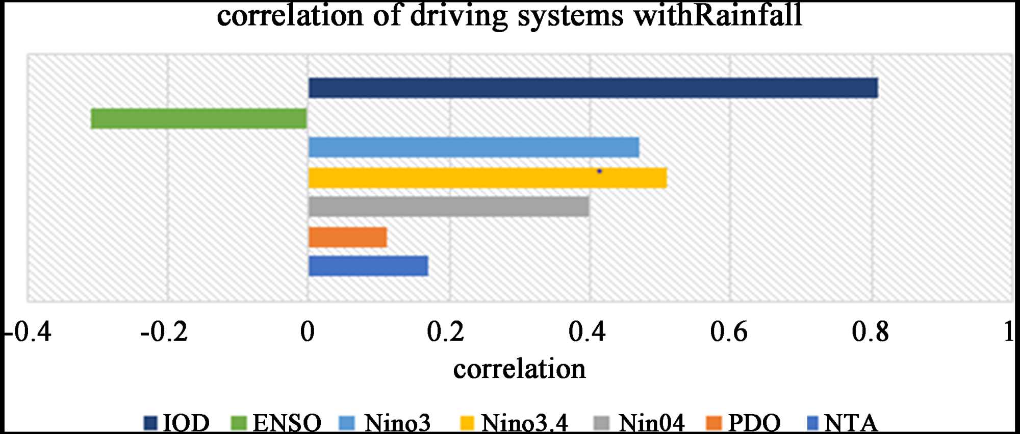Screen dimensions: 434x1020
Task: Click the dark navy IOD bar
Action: point(593,88)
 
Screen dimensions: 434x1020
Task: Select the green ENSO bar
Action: point(199,118)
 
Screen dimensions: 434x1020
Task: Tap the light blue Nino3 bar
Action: point(473,147)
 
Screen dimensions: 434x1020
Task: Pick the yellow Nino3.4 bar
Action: point(487,178)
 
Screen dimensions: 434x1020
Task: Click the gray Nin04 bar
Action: point(449,207)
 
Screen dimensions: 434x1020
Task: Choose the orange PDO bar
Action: point(348,237)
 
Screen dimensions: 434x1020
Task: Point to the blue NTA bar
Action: point(368,266)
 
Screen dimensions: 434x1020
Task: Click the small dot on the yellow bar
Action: point(599,171)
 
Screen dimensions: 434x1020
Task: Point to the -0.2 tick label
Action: point(164,333)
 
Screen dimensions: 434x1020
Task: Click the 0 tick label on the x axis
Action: point(307,333)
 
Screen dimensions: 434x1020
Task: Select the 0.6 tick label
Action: point(729,333)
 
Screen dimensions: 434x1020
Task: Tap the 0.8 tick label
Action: point(870,333)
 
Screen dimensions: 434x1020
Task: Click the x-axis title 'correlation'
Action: point(519,369)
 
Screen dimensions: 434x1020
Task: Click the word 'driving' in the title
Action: point(458,15)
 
